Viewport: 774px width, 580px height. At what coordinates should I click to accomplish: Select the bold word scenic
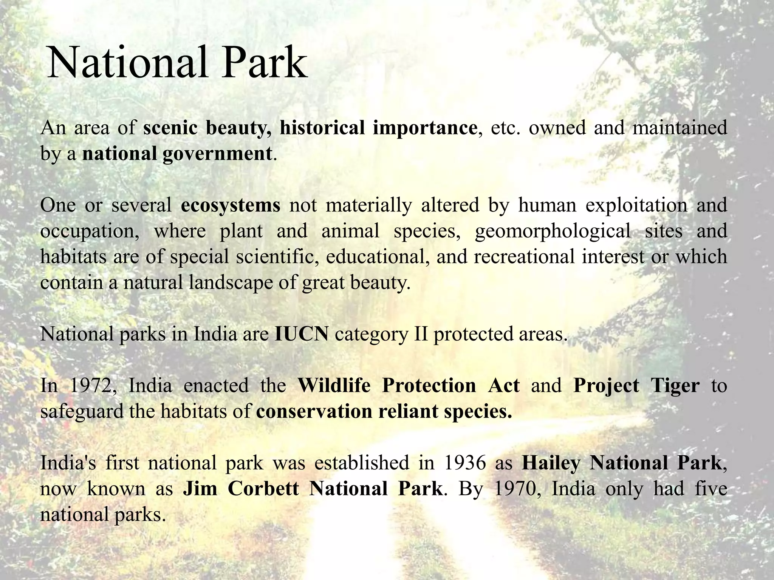click(x=170, y=128)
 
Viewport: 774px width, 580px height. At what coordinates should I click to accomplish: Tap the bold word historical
click(x=322, y=128)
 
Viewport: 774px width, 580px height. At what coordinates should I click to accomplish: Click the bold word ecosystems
click(x=231, y=205)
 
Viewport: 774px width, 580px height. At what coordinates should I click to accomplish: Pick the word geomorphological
click(x=552, y=231)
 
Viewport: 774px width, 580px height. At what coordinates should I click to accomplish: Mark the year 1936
click(x=464, y=463)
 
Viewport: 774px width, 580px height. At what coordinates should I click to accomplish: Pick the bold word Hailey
click(x=551, y=463)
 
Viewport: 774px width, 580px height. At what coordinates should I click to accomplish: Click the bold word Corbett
click(x=263, y=489)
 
